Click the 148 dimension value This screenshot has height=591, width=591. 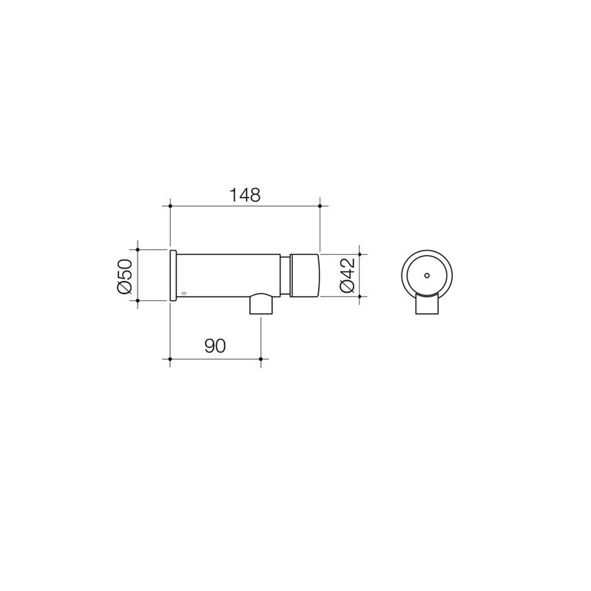245,195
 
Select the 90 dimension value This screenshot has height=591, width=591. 215,346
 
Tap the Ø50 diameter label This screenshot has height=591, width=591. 125,276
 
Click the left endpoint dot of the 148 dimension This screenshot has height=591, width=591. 170,206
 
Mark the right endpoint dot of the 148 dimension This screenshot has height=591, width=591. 320,206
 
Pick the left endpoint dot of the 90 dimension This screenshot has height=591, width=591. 170,359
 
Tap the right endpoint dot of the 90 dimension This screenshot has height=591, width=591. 261,359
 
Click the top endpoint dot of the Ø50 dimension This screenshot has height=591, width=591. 138,250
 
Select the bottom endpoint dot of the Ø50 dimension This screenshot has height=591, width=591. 138,301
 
